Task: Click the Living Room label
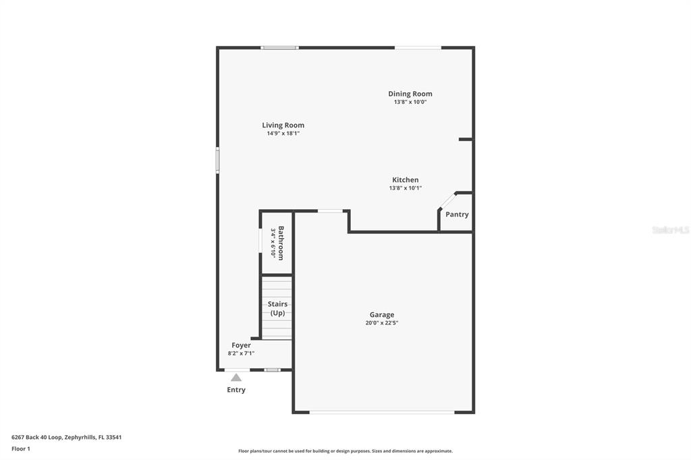(283, 125)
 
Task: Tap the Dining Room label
(410, 94)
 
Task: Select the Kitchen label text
(406, 180)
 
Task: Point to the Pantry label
(457, 214)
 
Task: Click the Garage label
(382, 314)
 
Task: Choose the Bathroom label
(281, 243)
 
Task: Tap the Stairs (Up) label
(277, 308)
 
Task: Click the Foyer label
(241, 345)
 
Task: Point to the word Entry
(236, 390)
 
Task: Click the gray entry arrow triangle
(236, 378)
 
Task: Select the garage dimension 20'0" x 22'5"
(382, 323)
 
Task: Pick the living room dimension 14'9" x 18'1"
(283, 134)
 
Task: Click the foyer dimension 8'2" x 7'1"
(241, 353)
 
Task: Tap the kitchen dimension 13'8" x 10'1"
(406, 188)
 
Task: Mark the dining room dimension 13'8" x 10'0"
(410, 103)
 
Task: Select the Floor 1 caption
(21, 449)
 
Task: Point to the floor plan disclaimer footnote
(345, 451)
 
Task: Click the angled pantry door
(447, 201)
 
